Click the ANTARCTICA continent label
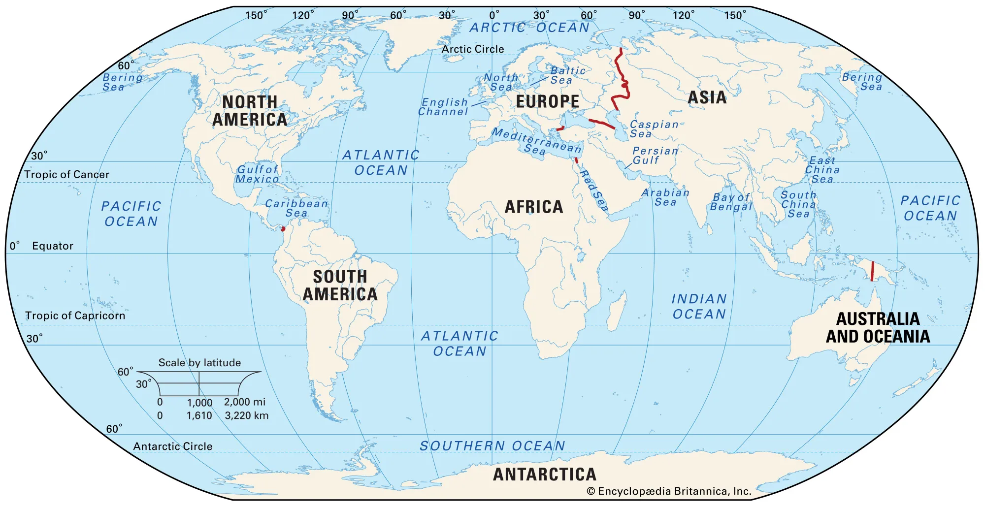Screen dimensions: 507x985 click(x=545, y=475)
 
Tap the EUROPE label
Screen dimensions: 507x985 click(x=547, y=101)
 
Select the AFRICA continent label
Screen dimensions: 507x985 click(x=534, y=207)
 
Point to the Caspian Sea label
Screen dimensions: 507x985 click(x=654, y=129)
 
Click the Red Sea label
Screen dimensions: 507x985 click(x=593, y=190)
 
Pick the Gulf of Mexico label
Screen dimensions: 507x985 click(x=257, y=174)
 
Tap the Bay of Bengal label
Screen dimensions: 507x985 click(x=731, y=202)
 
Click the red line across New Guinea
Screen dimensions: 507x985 click(x=872, y=271)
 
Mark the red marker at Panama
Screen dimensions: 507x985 click(x=283, y=229)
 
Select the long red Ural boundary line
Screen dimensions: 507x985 click(x=622, y=79)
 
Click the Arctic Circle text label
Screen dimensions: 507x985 click(x=472, y=49)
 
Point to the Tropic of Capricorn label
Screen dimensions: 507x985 click(x=75, y=316)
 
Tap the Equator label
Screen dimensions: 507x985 click(x=52, y=246)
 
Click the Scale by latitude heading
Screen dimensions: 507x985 click(x=199, y=363)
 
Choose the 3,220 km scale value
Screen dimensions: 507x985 click(x=246, y=415)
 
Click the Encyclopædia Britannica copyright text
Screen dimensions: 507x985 click(x=669, y=491)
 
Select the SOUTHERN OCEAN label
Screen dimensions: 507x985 click(x=492, y=446)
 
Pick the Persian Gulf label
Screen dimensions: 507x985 click(x=655, y=156)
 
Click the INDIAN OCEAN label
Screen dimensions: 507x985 click(x=699, y=306)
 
